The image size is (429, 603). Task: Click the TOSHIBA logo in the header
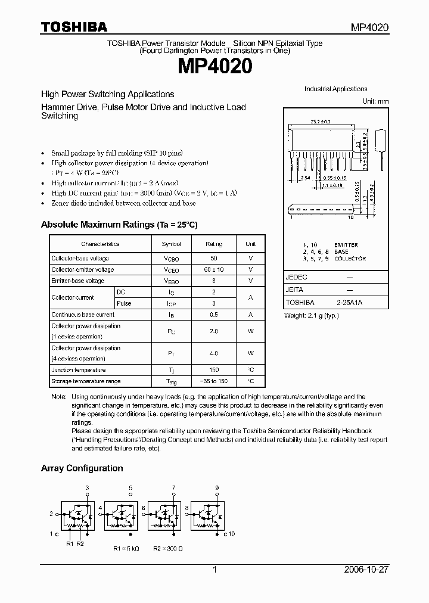pos(74,27)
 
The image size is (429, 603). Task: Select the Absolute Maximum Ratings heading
pos(119,225)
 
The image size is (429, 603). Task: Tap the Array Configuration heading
pos(82,468)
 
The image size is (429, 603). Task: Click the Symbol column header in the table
pos(171,244)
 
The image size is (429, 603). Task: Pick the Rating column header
pos(214,244)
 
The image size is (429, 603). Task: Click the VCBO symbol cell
pos(171,259)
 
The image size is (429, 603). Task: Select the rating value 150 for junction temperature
pos(214,370)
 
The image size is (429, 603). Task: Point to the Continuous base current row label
pos(83,315)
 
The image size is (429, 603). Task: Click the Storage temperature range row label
pos(86,381)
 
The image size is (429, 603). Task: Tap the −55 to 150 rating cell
pos(214,381)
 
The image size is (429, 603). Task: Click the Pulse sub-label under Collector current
pos(124,303)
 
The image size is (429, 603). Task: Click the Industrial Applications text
pos(335,89)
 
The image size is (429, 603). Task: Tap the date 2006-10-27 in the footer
pos(366,570)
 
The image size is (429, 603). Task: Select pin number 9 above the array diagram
pos(217,487)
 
